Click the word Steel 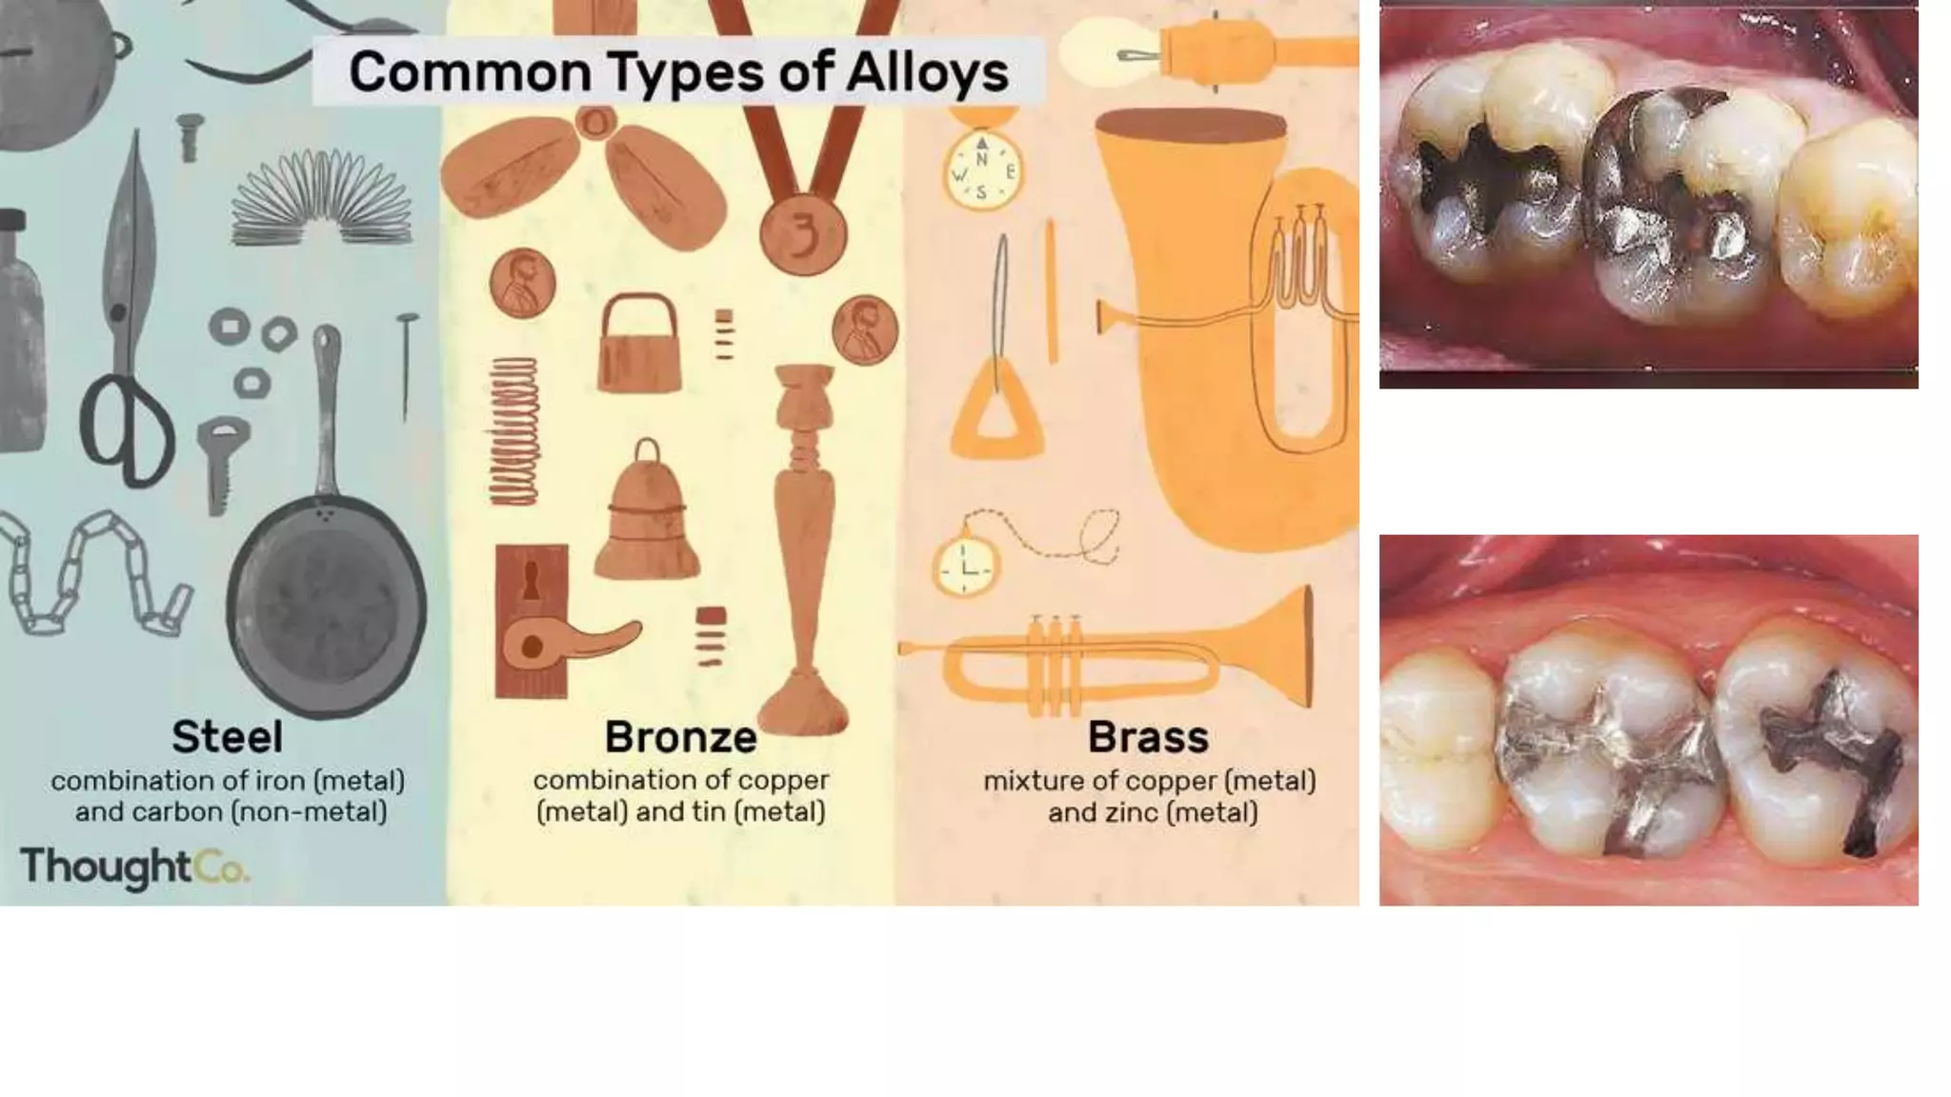(x=227, y=737)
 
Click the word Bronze (x=680, y=737)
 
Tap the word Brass (x=1148, y=737)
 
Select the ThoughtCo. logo (x=134, y=868)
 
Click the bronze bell (x=647, y=519)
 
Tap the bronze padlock (x=638, y=348)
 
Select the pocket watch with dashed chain (x=965, y=568)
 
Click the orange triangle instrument (x=996, y=409)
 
